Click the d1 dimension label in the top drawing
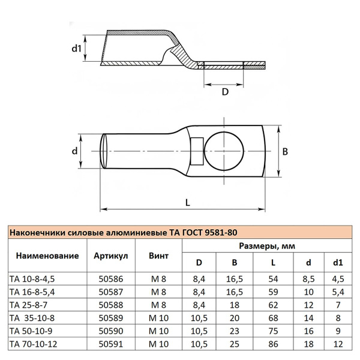[76, 48]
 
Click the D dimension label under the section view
[225, 92]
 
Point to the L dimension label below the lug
[187, 203]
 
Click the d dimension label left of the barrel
[75, 152]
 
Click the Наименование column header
[47, 256]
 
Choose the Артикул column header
[110, 256]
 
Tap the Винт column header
[158, 256]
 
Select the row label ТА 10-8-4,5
[35, 278]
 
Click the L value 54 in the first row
[273, 278]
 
